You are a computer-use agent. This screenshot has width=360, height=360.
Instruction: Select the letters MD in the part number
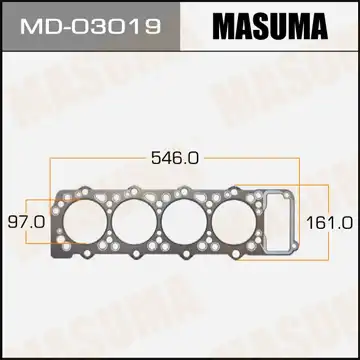tap(39, 23)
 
